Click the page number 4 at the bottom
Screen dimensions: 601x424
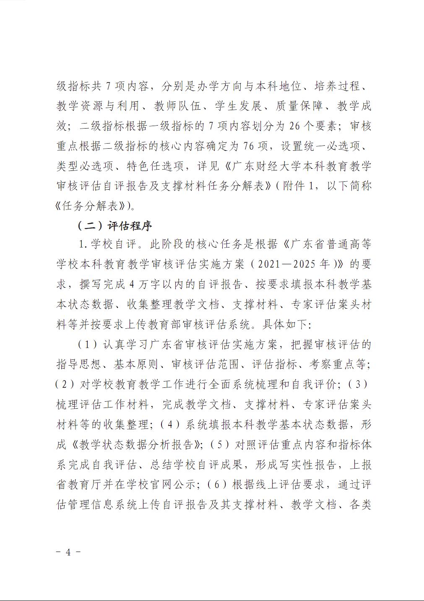coord(68,552)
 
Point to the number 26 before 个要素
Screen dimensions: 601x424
coord(294,126)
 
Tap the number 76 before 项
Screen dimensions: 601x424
coord(249,146)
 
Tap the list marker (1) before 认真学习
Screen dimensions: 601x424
coord(88,345)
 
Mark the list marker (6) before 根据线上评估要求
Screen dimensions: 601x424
coord(217,485)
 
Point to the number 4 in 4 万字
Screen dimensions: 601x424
coord(132,284)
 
